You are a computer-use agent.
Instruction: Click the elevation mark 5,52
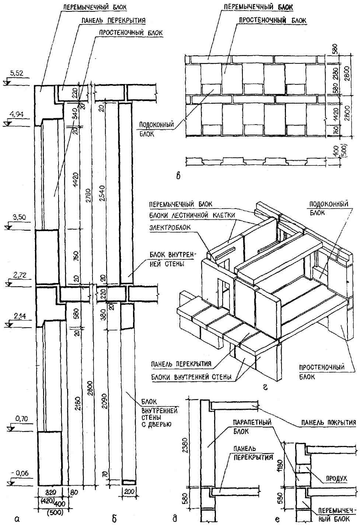pyautogui.click(x=17, y=74)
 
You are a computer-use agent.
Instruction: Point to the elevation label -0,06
pyautogui.click(x=17, y=473)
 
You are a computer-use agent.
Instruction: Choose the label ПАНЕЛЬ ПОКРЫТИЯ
pyautogui.click(x=331, y=422)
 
